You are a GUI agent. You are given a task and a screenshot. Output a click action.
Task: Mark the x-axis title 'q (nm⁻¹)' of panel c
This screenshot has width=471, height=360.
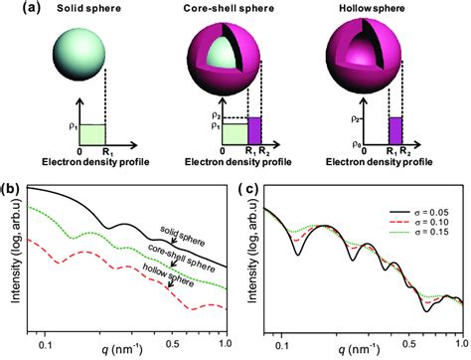tap(359, 351)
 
